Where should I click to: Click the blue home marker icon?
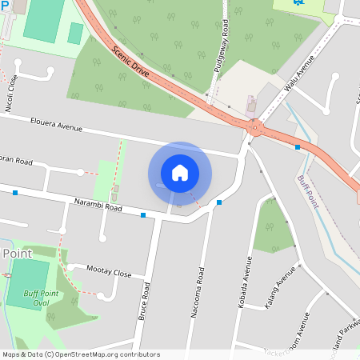coord(180,173)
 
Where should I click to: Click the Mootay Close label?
coord(109,273)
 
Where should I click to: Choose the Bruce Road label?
coord(145,301)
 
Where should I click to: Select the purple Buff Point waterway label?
coord(307,191)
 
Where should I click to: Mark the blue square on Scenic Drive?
coord(297,147)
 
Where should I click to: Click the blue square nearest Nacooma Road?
coord(218,202)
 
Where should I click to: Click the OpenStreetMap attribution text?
coord(80,354)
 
